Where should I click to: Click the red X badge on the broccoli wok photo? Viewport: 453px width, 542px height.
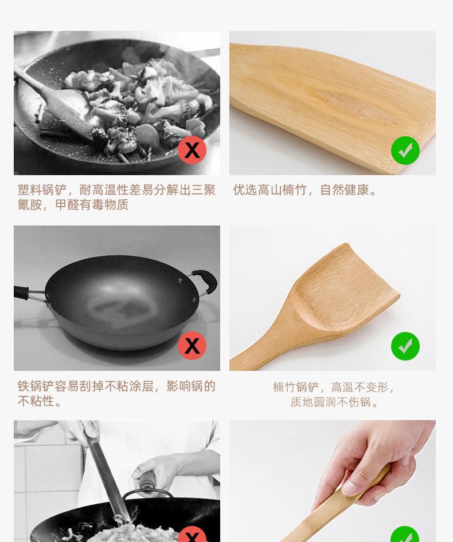tap(192, 150)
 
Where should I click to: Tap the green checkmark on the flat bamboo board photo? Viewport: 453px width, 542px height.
tap(405, 151)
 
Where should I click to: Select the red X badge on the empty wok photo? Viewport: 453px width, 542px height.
tap(192, 346)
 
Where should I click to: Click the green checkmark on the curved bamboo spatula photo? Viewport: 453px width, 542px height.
tap(405, 346)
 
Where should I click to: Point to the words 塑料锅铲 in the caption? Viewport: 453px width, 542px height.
tap(42, 190)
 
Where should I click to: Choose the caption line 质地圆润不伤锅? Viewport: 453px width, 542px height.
tap(334, 402)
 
